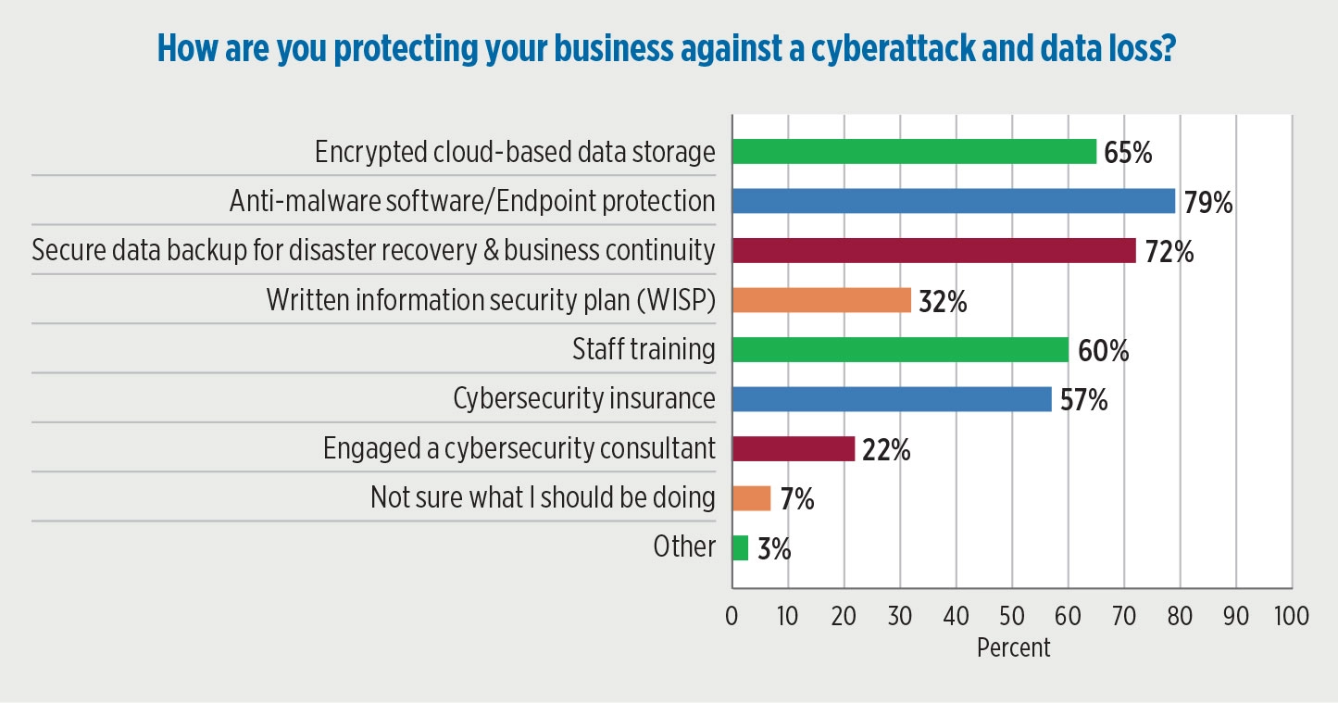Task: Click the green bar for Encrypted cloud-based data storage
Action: click(x=914, y=151)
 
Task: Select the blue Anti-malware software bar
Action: click(x=953, y=201)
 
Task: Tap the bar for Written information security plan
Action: click(x=821, y=300)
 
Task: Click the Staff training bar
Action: click(x=899, y=350)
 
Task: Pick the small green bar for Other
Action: click(x=740, y=547)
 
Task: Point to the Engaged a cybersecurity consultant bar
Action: click(x=793, y=448)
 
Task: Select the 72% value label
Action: click(x=1168, y=251)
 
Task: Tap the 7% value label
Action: click(x=796, y=499)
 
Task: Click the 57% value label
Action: click(x=1083, y=400)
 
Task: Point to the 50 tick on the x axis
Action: click(x=1012, y=616)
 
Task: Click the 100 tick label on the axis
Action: click(x=1291, y=616)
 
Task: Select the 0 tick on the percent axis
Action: click(x=732, y=616)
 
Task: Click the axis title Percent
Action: click(x=1013, y=647)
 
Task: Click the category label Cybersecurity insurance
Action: click(x=583, y=399)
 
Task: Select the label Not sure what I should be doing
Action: click(x=543, y=498)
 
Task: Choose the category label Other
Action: click(x=684, y=547)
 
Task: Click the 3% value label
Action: click(x=774, y=549)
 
